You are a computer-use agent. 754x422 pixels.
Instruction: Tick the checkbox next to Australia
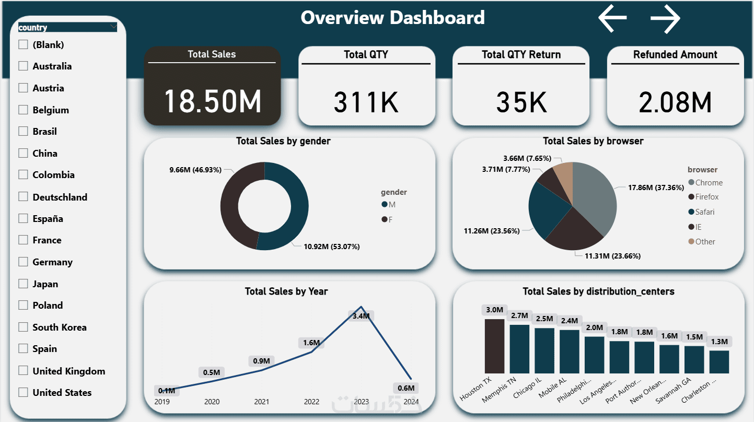pos(23,66)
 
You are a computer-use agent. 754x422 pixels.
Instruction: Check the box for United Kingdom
pos(23,371)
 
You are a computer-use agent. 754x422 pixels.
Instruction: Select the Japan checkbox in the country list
pos(23,284)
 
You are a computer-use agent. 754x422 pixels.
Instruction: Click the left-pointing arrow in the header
pos(612,18)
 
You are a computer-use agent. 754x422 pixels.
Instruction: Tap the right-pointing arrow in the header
pos(665,18)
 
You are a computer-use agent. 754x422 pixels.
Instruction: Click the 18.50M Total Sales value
pos(212,101)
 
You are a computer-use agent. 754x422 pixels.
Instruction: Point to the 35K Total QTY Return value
pos(521,102)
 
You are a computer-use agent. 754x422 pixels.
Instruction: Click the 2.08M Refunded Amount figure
pos(675,102)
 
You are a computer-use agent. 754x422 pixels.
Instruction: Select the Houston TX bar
pos(494,346)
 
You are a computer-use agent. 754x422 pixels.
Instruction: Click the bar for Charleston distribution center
pos(719,361)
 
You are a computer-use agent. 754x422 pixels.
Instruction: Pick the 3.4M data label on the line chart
pos(361,316)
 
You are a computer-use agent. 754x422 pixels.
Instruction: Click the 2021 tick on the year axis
pos(261,402)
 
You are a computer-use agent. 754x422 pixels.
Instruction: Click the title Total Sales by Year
pos(286,291)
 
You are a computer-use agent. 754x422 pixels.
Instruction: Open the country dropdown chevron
pos(113,27)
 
